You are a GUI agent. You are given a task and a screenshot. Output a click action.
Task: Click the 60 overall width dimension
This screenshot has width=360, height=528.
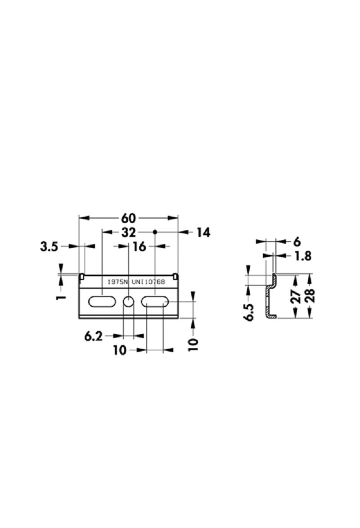(x=128, y=218)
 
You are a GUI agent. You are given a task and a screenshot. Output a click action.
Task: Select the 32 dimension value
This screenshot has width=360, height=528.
(x=128, y=232)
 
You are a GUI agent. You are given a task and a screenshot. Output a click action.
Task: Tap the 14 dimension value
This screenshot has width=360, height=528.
(x=203, y=232)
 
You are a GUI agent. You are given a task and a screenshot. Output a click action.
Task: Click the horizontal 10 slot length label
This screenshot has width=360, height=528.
(x=120, y=350)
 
